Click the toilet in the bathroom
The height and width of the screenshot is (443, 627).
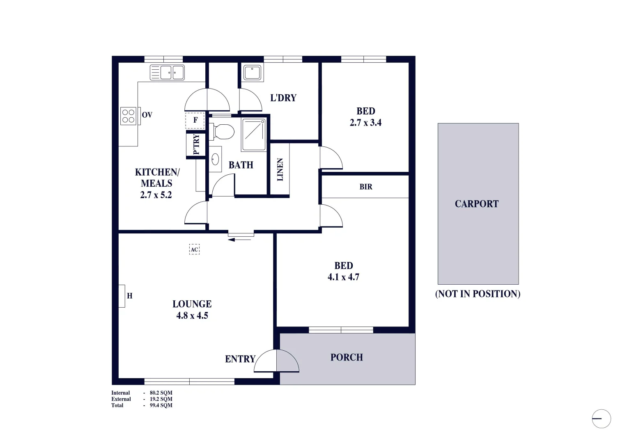(x=223, y=132)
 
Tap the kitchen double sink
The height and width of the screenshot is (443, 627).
(x=167, y=73)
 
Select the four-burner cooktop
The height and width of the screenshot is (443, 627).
(x=129, y=115)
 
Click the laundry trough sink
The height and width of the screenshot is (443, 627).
(x=252, y=73)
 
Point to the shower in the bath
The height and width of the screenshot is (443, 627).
(x=254, y=134)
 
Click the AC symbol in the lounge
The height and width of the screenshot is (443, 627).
(x=194, y=249)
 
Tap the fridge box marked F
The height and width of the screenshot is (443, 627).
(x=195, y=120)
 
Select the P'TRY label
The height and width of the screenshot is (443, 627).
(x=196, y=144)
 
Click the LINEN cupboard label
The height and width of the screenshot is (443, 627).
(x=280, y=169)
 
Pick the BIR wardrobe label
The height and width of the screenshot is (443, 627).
(x=366, y=187)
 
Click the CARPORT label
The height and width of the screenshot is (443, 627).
(x=477, y=204)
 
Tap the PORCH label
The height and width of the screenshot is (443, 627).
(x=347, y=357)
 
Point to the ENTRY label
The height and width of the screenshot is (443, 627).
(x=240, y=359)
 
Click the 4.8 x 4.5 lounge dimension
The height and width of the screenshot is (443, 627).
(x=192, y=315)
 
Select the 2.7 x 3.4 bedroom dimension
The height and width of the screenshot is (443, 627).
(x=365, y=123)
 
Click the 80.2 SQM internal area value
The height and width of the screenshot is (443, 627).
(x=161, y=393)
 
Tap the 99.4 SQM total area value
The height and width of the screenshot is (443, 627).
(x=161, y=405)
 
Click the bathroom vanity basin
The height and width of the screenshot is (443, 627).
(x=215, y=159)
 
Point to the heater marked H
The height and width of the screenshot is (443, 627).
(x=122, y=296)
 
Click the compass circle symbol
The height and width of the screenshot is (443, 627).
(x=602, y=419)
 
